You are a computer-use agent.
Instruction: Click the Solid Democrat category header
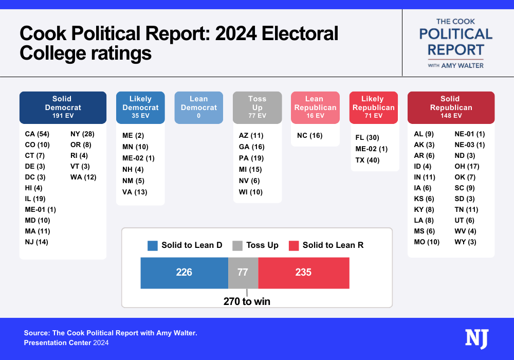63,107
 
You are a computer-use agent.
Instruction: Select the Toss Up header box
257,107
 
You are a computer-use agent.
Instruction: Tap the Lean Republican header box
315,107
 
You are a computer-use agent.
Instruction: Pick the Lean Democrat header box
198,107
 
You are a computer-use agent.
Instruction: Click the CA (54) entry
36,134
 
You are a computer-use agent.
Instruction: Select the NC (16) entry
310,135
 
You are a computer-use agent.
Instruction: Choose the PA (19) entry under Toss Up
251,158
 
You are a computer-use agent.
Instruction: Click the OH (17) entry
467,166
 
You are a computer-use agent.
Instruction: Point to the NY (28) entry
82,134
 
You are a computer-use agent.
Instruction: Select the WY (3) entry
466,242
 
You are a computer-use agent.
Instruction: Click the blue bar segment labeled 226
184,273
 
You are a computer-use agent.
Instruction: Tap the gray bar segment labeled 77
243,273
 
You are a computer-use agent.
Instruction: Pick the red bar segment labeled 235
303,273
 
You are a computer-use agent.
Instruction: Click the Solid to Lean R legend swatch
293,245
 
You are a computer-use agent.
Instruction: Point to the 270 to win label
247,301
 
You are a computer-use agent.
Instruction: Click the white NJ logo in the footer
476,339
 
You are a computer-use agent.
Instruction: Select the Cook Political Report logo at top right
456,43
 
